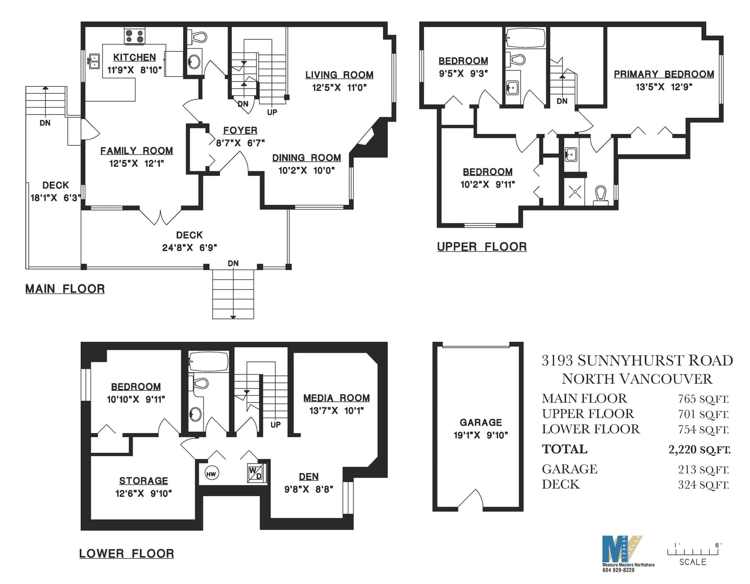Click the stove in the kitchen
tap(135, 36)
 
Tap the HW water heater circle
tap(211, 473)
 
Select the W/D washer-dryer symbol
tap(255, 473)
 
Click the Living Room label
tap(339, 75)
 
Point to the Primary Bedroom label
tap(664, 74)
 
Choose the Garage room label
tap(481, 422)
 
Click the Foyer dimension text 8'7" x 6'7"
tap(240, 143)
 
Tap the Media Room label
tap(337, 398)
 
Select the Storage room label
tap(143, 481)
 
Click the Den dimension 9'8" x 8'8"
tap(308, 489)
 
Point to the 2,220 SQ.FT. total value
tap(699, 449)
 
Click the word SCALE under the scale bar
tap(693, 562)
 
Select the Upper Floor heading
tap(482, 247)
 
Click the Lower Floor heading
tap(126, 554)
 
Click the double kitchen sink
tap(94, 61)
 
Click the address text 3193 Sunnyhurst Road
tap(637, 361)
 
